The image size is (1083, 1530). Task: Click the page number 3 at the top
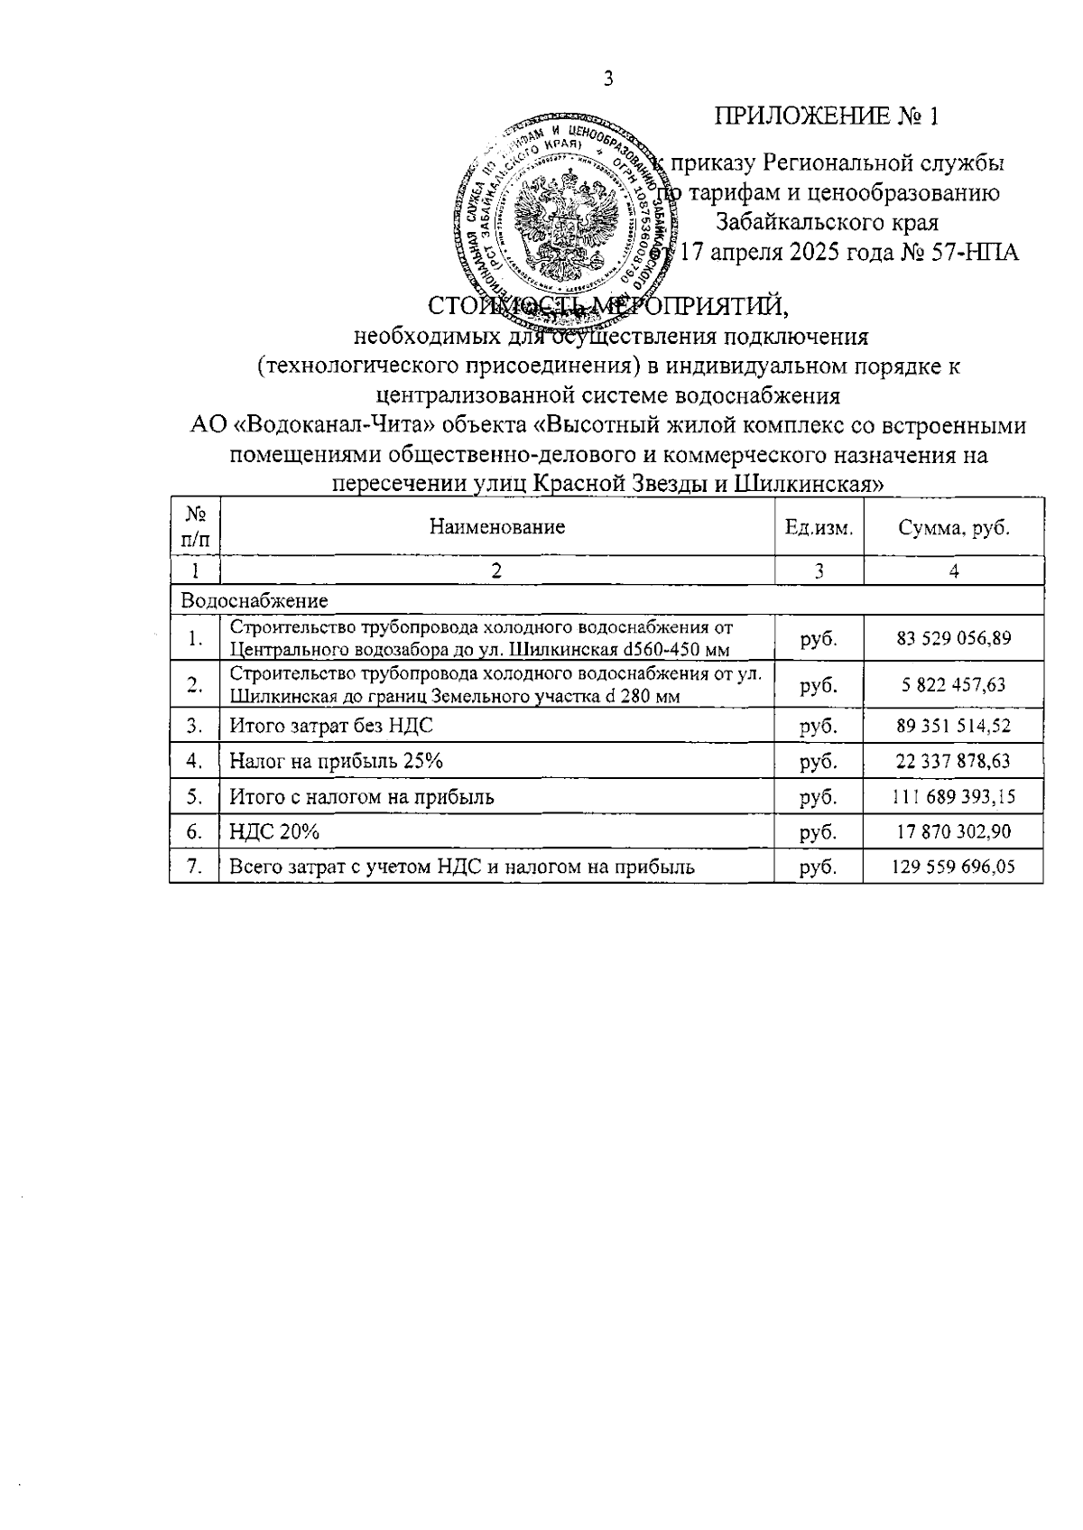pos(607,79)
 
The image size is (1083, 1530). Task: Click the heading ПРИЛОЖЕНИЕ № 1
pos(827,116)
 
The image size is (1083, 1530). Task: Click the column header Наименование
pos(496,527)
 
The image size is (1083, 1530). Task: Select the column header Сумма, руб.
pos(953,528)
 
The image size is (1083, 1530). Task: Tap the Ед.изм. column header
pos(818,528)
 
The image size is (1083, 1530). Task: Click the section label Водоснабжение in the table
pos(255,600)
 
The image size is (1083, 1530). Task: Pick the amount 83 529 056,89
pos(953,638)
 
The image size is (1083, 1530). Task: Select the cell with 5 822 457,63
pos(953,685)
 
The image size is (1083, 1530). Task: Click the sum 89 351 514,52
pos(953,726)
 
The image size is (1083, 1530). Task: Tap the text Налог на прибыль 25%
pos(336,761)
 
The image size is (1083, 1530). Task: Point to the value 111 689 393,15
pos(953,797)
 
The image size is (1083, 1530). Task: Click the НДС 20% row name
pos(274,831)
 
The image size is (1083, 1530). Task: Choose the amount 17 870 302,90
pos(953,831)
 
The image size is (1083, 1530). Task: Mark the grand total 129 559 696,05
pos(953,867)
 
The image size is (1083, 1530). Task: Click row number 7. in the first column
pos(194,867)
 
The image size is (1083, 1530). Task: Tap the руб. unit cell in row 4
pos(818,761)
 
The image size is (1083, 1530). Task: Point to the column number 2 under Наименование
pos(496,570)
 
